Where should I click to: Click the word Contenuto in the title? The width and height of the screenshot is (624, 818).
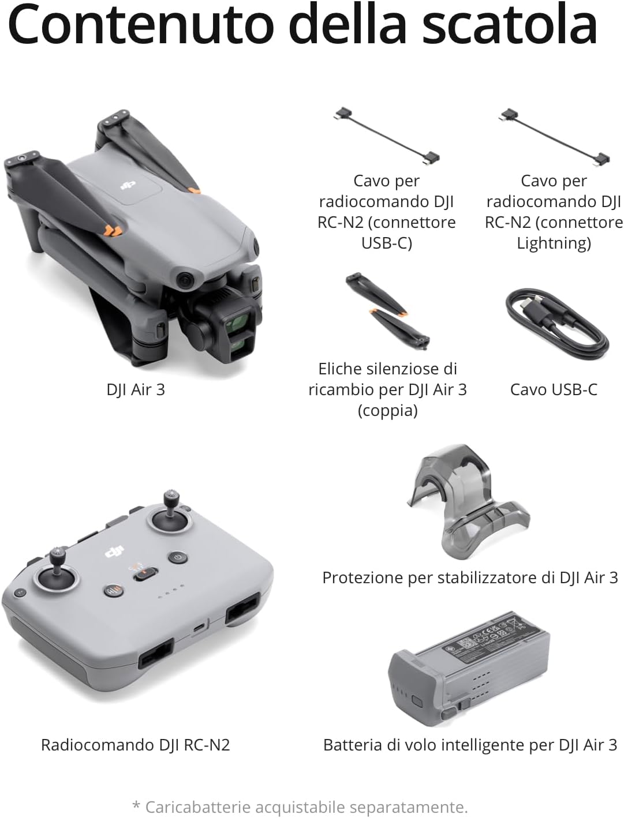[141, 24]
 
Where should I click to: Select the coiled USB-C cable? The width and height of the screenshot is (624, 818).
[557, 325]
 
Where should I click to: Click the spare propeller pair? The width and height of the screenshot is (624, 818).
[388, 312]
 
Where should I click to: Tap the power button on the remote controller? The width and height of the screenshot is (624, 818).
[177, 558]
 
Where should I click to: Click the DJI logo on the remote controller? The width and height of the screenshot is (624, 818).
[115, 551]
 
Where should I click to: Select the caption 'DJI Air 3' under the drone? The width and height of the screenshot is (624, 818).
[136, 389]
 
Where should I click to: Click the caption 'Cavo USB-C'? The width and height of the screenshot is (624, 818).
[554, 389]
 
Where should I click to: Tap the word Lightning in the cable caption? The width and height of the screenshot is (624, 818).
[554, 243]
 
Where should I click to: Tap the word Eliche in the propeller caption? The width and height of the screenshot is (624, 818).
[341, 369]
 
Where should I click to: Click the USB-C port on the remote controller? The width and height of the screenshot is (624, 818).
[199, 627]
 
